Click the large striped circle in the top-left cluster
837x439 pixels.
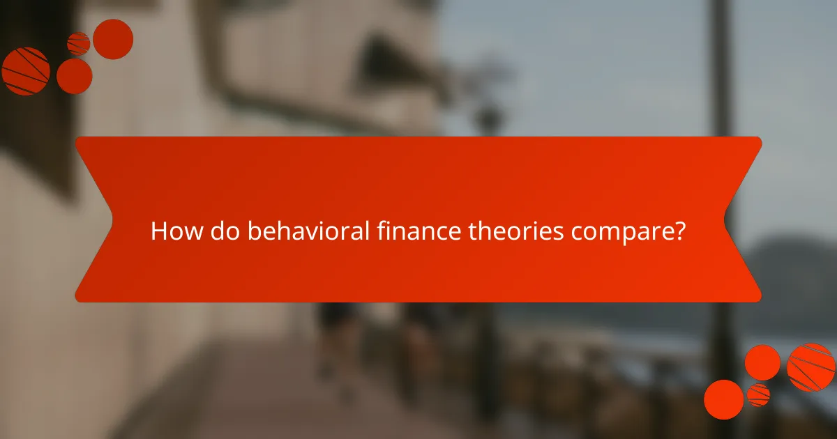tap(25, 71)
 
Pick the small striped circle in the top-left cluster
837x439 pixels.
tap(78, 44)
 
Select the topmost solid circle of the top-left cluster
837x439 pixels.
tap(113, 39)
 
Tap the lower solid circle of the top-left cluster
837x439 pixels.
tap(74, 76)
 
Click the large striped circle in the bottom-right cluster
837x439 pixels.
tap(810, 367)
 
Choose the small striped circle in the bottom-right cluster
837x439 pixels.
tap(758, 394)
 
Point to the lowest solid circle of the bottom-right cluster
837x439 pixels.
tap(723, 399)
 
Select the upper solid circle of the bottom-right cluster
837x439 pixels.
tap(762, 362)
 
